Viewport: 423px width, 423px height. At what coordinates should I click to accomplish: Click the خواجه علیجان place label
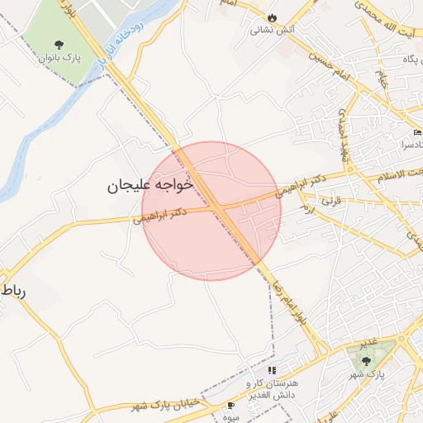tap(150, 185)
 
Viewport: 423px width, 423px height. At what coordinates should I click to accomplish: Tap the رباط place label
tap(17, 291)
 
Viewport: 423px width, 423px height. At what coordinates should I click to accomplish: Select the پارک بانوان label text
tap(59, 59)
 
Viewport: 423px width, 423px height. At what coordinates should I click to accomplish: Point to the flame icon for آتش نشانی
tap(272, 17)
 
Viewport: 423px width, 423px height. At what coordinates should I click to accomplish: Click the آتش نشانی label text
tap(273, 31)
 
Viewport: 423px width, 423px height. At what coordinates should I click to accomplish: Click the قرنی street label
tap(330, 200)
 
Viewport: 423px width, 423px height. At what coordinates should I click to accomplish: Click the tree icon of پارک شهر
tap(367, 361)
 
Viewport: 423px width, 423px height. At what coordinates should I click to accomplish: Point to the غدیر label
tap(368, 342)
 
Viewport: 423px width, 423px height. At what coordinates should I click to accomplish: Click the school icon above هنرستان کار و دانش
tap(273, 370)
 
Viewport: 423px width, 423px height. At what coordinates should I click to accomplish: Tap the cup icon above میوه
tap(231, 405)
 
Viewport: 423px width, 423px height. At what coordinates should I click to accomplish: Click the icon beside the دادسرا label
tap(417, 132)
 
